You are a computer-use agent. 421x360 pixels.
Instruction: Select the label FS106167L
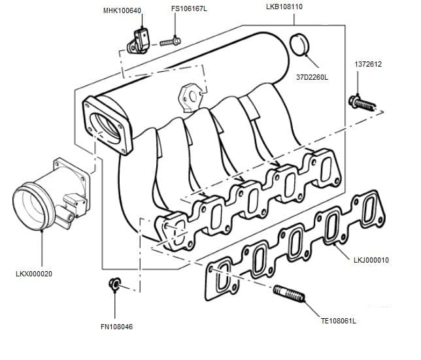(189, 9)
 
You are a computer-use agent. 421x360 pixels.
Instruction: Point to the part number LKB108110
(284, 7)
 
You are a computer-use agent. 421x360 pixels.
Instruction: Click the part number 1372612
(368, 65)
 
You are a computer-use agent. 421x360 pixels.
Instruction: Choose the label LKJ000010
(371, 260)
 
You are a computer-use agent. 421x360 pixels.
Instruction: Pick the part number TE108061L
(338, 321)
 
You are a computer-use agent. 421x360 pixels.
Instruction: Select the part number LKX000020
(33, 274)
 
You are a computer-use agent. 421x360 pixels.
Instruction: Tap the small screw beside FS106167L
(169, 42)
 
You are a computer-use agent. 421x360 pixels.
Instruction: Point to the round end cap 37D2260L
(299, 45)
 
